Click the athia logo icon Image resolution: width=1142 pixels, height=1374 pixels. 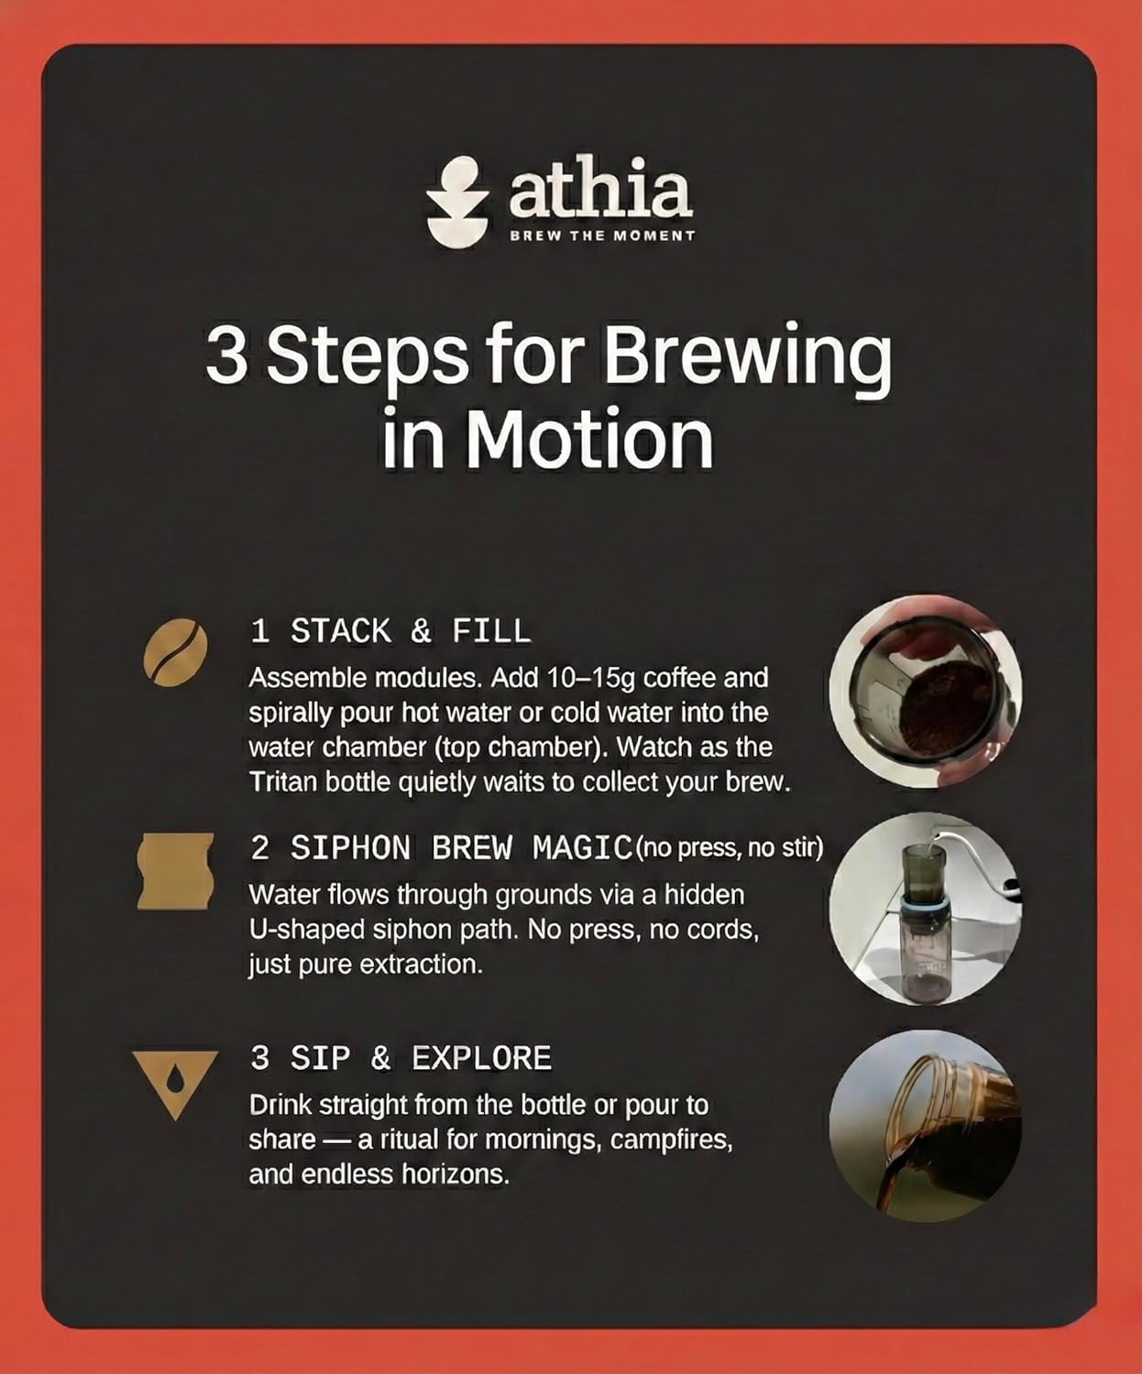point(457,203)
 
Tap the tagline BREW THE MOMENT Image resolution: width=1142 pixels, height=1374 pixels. point(601,235)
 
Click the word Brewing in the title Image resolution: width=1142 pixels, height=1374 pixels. point(746,357)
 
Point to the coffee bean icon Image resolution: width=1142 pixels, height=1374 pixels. point(175,651)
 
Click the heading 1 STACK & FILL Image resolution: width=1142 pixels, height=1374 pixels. point(390,631)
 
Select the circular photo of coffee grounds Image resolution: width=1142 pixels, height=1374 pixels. point(925,692)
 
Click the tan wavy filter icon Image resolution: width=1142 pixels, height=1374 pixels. point(175,870)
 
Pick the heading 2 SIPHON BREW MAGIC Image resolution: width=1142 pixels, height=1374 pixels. point(441,848)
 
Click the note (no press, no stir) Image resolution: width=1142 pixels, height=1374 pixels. point(730,848)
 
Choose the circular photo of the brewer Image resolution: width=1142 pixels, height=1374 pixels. point(925,908)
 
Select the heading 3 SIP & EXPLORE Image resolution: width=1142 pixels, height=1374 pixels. point(401,1059)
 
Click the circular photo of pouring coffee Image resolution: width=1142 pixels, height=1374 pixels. point(925,1124)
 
